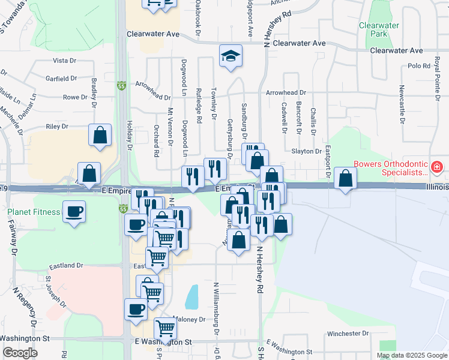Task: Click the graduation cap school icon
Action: (x=231, y=56)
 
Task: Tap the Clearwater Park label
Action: (x=379, y=29)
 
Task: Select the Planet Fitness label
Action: (x=34, y=212)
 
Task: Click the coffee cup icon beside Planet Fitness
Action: (x=74, y=212)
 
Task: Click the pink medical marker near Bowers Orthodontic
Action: (x=438, y=166)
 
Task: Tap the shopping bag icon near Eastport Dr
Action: (x=346, y=178)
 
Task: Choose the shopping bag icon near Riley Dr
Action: (x=100, y=135)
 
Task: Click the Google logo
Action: (x=19, y=353)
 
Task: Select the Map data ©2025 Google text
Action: (x=411, y=355)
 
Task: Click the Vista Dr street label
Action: (x=65, y=61)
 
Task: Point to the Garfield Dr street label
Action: (x=61, y=78)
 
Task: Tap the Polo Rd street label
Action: (x=416, y=66)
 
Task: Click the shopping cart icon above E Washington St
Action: (x=165, y=329)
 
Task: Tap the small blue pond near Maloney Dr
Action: (x=192, y=296)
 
